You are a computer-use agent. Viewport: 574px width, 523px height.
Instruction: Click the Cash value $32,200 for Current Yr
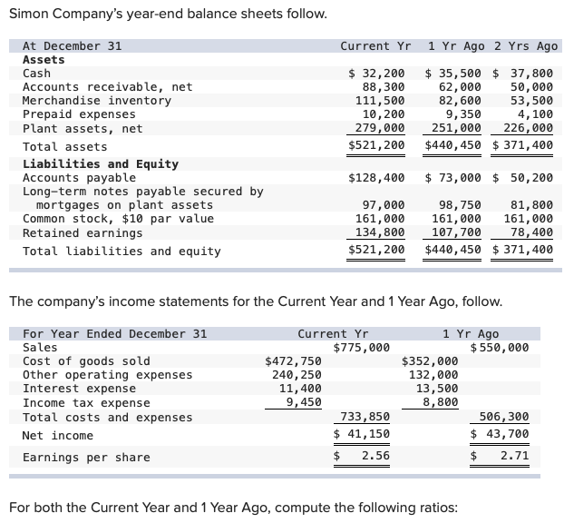[377, 74]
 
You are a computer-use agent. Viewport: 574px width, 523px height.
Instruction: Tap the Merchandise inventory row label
[96, 101]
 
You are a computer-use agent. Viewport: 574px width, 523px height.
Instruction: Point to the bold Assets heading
[44, 60]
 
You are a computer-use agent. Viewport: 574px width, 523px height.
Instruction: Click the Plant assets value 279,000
[380, 128]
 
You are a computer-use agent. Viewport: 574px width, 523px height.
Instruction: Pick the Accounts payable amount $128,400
[376, 178]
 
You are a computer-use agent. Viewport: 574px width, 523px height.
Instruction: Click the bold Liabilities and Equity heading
[100, 164]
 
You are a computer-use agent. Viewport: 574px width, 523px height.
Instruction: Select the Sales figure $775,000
[362, 347]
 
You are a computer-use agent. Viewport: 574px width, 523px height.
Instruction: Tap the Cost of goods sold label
[86, 361]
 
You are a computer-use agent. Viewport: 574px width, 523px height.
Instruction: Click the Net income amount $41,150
[362, 435]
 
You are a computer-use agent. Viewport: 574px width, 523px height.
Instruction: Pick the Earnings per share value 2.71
[514, 457]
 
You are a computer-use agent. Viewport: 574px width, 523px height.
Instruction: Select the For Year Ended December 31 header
[114, 333]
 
